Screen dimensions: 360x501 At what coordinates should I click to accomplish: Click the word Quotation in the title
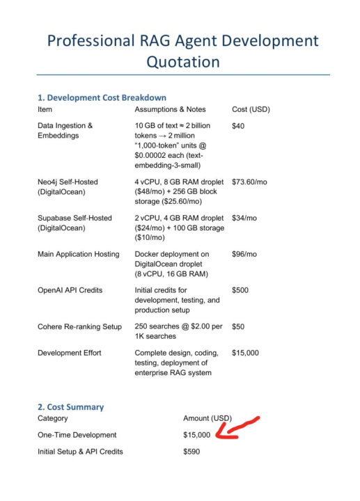(182, 61)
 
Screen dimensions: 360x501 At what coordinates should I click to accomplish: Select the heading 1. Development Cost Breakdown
(102, 97)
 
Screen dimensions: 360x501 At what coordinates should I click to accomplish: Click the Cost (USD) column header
(251, 110)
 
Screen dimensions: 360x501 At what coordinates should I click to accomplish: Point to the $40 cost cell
(238, 125)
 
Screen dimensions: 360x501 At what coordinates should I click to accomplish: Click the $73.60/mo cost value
(249, 182)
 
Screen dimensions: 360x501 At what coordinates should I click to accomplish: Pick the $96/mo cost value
(244, 254)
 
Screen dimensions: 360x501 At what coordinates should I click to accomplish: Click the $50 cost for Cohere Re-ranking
(238, 326)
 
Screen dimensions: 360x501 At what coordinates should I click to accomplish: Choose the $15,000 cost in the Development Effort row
(245, 353)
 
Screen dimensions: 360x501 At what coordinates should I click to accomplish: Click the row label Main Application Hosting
(78, 254)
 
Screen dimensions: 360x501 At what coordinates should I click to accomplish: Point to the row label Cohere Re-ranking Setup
(79, 326)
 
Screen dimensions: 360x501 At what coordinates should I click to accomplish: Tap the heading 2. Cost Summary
(70, 406)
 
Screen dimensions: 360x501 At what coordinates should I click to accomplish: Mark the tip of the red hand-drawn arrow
(219, 437)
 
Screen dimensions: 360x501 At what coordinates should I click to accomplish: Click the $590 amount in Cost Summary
(191, 452)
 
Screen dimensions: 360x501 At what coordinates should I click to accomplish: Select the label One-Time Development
(77, 435)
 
